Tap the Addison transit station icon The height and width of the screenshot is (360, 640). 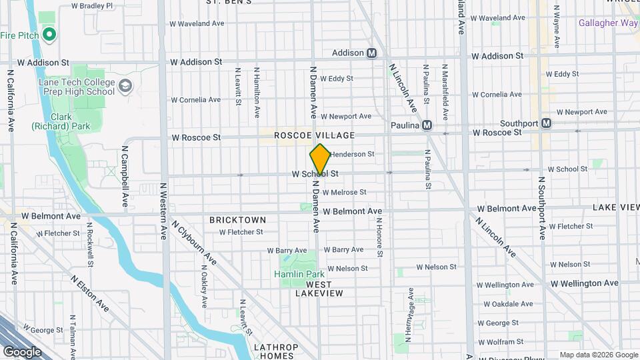pyautogui.click(x=372, y=53)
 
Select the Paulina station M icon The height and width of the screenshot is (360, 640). pyautogui.click(x=427, y=125)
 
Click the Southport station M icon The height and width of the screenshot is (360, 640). pyautogui.click(x=546, y=123)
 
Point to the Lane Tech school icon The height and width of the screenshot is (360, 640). pyautogui.click(x=125, y=85)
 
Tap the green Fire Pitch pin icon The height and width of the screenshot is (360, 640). pyautogui.click(x=49, y=34)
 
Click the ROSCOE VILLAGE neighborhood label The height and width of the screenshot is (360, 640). pyautogui.click(x=314, y=135)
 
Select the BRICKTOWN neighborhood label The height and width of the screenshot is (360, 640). pyautogui.click(x=237, y=219)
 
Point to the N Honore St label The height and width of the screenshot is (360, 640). pyautogui.click(x=379, y=237)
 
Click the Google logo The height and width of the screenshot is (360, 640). pyautogui.click(x=22, y=352)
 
